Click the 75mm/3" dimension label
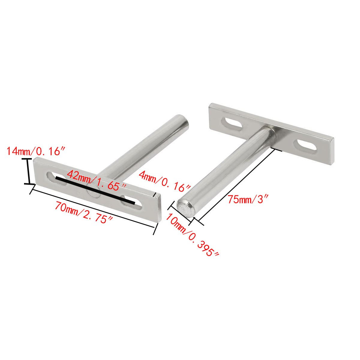pyautogui.click(x=247, y=199)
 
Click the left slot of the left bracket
pyautogui.click(x=57, y=179)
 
